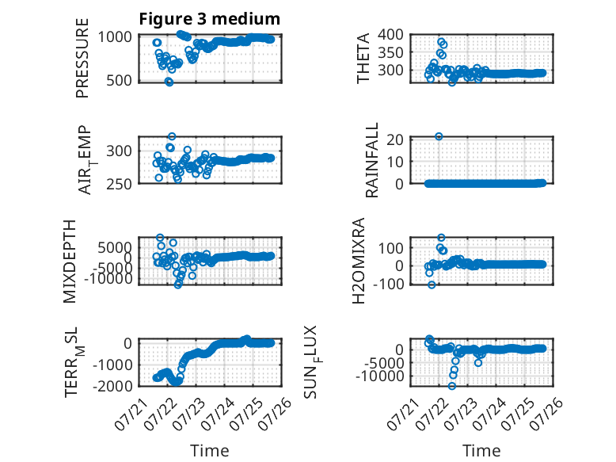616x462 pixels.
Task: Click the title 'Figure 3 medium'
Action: coord(209,19)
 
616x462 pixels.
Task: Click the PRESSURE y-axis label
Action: coord(82,58)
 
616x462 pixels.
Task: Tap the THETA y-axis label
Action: coord(363,58)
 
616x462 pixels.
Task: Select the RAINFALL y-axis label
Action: coord(371,159)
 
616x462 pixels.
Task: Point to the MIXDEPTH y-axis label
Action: coord(69,262)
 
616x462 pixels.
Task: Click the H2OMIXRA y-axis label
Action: coord(359,261)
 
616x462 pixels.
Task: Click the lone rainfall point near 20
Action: coord(439,136)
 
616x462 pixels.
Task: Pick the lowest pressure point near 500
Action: coord(169,82)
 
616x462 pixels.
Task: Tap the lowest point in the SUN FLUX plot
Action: coord(452,386)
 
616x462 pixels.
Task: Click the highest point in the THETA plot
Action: coord(441,42)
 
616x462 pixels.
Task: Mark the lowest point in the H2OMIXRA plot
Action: coord(432,284)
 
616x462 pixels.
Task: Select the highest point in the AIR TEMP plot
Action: coord(172,136)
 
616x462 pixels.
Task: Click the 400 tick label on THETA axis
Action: coord(390,35)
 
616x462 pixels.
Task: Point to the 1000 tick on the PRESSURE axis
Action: coord(115,37)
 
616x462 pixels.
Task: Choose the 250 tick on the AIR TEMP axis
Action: coord(119,184)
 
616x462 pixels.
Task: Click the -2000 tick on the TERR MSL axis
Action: coord(112,386)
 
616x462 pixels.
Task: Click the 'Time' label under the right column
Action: coord(481,451)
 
